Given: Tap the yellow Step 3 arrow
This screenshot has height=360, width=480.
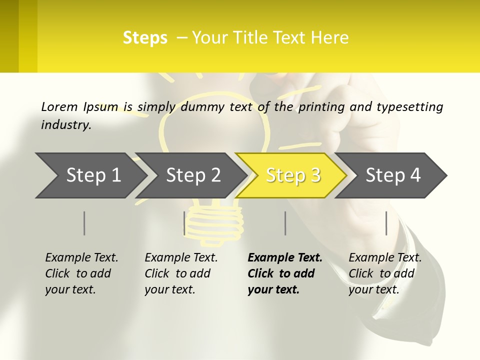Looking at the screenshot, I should pyautogui.click(x=293, y=175).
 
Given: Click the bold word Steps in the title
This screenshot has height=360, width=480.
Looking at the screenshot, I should pyautogui.click(x=145, y=38).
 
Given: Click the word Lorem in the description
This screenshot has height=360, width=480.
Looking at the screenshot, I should pyautogui.click(x=58, y=106).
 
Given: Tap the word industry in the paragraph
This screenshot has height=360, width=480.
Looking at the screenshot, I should pyautogui.click(x=65, y=125).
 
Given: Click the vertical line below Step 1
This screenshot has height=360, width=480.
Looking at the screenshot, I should pyautogui.click(x=84, y=223).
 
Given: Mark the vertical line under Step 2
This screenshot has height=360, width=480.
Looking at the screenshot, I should pyautogui.click(x=184, y=223).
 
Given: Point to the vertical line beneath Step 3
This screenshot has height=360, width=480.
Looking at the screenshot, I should pyautogui.click(x=285, y=223).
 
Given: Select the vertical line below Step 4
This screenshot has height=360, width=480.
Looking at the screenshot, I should pyautogui.click(x=386, y=223).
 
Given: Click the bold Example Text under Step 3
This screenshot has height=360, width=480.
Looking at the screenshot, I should pyautogui.click(x=285, y=258).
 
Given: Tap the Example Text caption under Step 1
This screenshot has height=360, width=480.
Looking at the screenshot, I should pyautogui.click(x=81, y=258).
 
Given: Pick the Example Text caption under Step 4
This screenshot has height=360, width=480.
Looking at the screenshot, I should pyautogui.click(x=385, y=258).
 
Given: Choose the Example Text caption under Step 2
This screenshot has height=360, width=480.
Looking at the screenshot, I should pyautogui.click(x=181, y=258).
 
